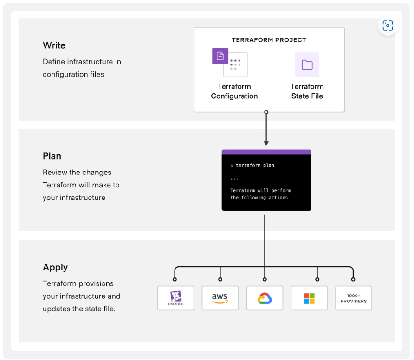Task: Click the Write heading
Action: pyautogui.click(x=54, y=45)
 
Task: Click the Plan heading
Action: pyautogui.click(x=52, y=156)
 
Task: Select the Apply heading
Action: pyautogui.click(x=55, y=267)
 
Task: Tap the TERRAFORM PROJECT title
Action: pyautogui.click(x=269, y=40)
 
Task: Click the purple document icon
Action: pyautogui.click(x=220, y=56)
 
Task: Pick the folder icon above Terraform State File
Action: pyautogui.click(x=307, y=64)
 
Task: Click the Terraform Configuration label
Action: pyautogui.click(x=234, y=91)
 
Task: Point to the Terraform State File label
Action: pyautogui.click(x=307, y=91)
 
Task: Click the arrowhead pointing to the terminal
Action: pyautogui.click(x=266, y=143)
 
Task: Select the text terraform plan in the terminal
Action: pyautogui.click(x=255, y=165)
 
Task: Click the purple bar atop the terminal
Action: pyautogui.click(x=266, y=152)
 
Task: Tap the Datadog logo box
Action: pyautogui.click(x=175, y=298)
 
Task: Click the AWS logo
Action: pyautogui.click(x=220, y=298)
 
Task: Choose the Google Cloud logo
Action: pyautogui.click(x=265, y=298)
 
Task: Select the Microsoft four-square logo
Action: pyautogui.click(x=309, y=298)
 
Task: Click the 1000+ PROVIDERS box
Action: pyautogui.click(x=353, y=298)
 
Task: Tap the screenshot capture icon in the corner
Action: pyautogui.click(x=388, y=26)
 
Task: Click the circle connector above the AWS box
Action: pyautogui.click(x=220, y=279)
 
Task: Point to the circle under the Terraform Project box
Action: pyautogui.click(x=266, y=112)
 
